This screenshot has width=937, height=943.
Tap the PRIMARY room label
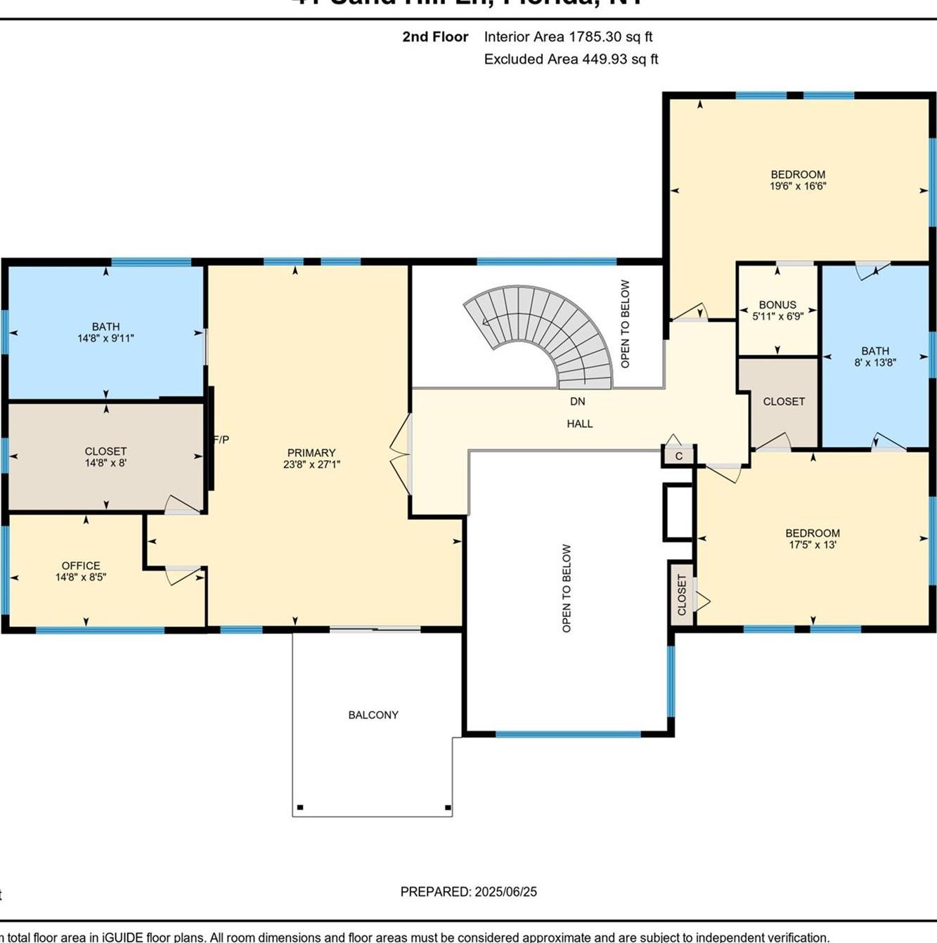311,453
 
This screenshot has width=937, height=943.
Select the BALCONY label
373,715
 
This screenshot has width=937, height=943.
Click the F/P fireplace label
221,440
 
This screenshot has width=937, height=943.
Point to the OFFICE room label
81,566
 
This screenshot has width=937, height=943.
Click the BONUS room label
777,305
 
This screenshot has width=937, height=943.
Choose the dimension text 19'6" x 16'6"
798,187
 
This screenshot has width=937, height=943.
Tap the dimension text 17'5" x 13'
813,545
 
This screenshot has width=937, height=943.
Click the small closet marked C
679,456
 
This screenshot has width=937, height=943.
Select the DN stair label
577,401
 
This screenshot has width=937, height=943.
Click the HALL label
580,424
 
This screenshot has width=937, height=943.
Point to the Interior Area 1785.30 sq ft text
568,37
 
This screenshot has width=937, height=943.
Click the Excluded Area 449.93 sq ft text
571,60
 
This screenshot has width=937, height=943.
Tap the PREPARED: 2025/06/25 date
468,892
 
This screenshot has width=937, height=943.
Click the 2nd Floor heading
435,37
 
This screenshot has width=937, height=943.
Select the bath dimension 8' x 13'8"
875,363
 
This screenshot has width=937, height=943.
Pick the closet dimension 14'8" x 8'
105,463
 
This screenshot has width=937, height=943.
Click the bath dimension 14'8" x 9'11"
105,338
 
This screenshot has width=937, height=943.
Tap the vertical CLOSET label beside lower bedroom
681,594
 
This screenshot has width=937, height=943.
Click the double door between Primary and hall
401,453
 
